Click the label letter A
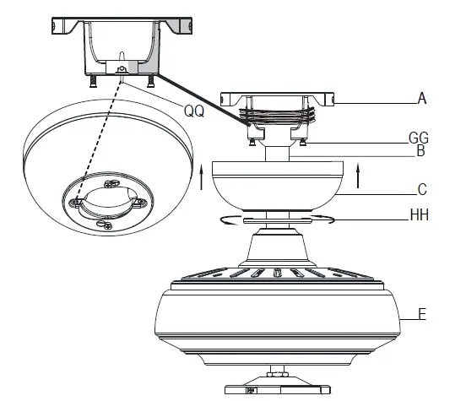point(422,98)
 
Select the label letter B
point(420,154)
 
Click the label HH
point(420,215)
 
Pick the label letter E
point(423,317)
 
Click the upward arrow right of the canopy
point(362,178)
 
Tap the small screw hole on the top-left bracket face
point(124,68)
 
